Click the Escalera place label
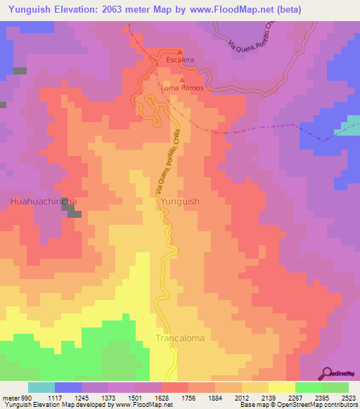[x=180, y=60]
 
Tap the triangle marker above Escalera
[x=180, y=52]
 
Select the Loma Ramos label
[x=182, y=89]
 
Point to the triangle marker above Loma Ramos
[x=182, y=81]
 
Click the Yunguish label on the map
[x=180, y=201]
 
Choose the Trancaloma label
[x=180, y=338]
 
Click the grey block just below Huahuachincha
[x=75, y=214]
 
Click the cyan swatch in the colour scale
[x=41, y=387]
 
